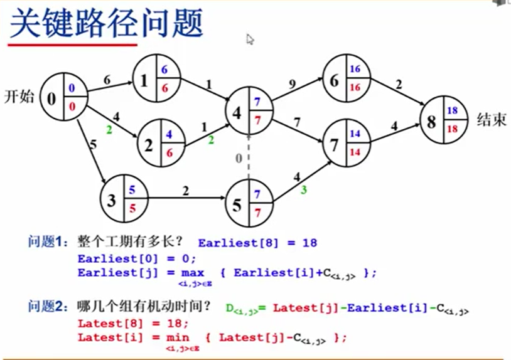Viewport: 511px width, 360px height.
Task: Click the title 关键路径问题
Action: pos(107,24)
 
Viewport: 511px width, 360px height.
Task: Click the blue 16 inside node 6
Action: pos(355,69)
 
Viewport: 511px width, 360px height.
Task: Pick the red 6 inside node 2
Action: pos(169,153)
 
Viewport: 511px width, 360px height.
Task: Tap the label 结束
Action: pos(492,120)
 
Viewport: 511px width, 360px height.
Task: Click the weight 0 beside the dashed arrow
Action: pos(239,159)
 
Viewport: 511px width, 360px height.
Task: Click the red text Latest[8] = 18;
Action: pos(132,323)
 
